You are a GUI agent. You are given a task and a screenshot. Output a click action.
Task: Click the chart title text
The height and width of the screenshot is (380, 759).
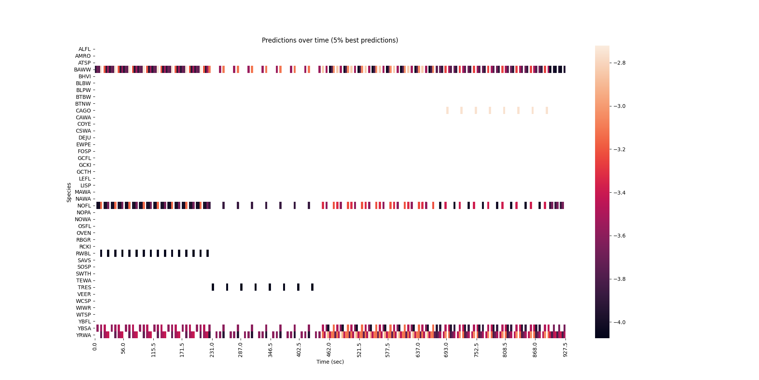tap(330, 40)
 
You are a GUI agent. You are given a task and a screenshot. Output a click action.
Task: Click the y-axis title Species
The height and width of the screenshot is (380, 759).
tap(69, 192)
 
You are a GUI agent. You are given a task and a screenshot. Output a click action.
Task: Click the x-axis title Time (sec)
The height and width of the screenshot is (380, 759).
tap(330, 362)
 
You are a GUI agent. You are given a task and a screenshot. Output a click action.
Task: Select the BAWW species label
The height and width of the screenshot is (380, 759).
tap(83, 70)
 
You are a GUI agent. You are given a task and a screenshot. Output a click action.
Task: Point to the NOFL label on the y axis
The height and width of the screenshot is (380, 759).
tap(84, 206)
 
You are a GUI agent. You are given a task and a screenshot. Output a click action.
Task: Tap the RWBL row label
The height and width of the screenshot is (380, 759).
tap(83, 253)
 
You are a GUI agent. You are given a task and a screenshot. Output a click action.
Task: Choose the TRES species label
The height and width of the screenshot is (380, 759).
tap(84, 287)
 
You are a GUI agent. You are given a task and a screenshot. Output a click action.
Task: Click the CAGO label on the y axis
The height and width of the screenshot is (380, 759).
tap(83, 111)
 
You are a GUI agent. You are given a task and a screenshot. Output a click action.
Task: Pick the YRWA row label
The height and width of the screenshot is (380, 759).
tap(83, 335)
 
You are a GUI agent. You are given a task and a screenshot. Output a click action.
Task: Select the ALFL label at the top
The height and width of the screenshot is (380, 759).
tap(84, 49)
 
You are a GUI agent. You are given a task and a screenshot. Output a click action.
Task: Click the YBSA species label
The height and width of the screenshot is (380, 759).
tap(84, 328)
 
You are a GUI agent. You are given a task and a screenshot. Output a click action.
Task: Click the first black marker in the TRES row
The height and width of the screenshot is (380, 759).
tap(213, 287)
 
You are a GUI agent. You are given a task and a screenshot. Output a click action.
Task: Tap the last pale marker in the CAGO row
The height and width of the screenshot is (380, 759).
tap(547, 111)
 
